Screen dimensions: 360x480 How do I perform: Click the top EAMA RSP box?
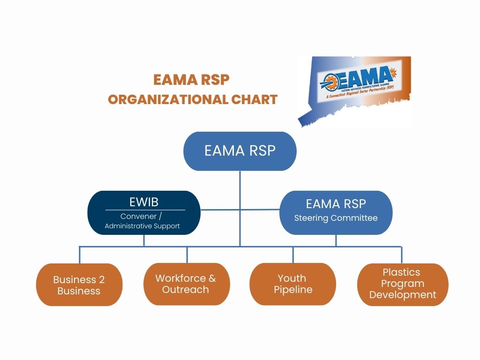(x=240, y=151)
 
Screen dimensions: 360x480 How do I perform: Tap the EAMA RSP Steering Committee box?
(x=336, y=212)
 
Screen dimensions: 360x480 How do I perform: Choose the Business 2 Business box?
(x=79, y=285)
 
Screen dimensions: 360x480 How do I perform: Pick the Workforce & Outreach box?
(x=186, y=284)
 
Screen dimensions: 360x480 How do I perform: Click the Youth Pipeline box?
(x=292, y=284)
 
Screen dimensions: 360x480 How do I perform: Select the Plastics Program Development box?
(x=402, y=284)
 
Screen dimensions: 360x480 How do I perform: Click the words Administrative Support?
(x=142, y=226)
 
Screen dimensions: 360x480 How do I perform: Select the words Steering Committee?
(x=336, y=218)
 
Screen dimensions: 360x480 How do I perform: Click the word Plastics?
(x=401, y=272)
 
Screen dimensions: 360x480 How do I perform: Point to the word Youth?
(x=292, y=278)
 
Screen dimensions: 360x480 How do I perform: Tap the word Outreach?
(x=186, y=290)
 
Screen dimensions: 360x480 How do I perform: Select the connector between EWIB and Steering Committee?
(x=240, y=210)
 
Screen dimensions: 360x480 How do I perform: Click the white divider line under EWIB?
(x=145, y=210)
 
